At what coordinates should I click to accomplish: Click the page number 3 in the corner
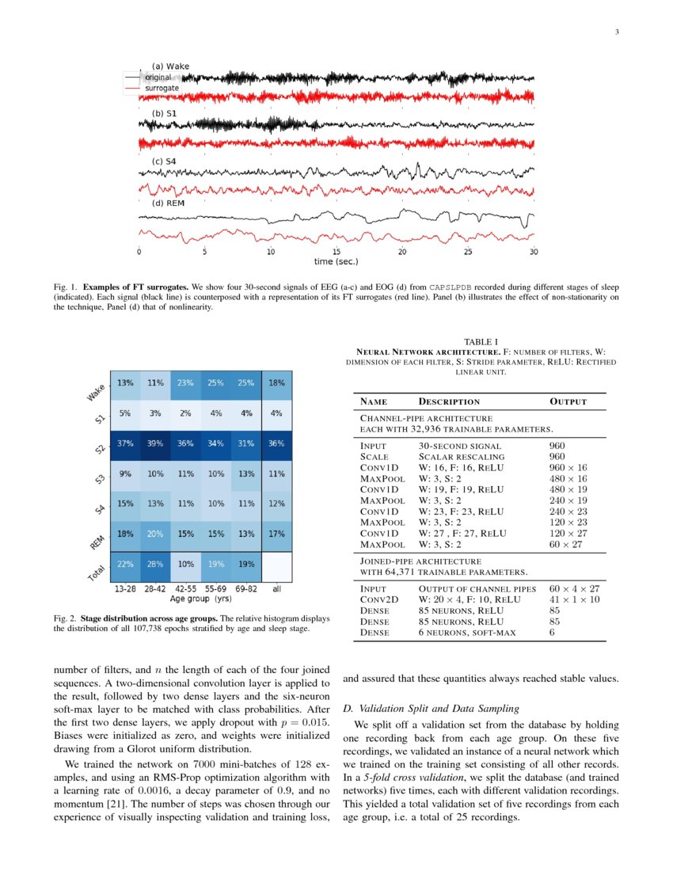616,32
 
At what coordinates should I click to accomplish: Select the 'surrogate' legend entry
161,88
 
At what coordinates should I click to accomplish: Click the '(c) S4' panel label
164,162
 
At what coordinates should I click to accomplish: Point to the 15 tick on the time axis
336,252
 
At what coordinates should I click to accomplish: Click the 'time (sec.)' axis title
336,261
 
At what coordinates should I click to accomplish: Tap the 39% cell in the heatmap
155,443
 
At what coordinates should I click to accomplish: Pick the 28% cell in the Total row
155,564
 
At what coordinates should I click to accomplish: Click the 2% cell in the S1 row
185,413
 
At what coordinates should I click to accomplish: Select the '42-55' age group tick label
185,590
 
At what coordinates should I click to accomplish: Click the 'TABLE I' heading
481,342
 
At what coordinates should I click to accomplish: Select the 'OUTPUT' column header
568,401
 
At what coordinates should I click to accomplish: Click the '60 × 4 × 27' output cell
574,588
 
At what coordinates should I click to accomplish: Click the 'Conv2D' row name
378,599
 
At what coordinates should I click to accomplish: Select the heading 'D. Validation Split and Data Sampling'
432,707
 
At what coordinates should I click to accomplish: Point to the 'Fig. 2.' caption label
68,618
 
